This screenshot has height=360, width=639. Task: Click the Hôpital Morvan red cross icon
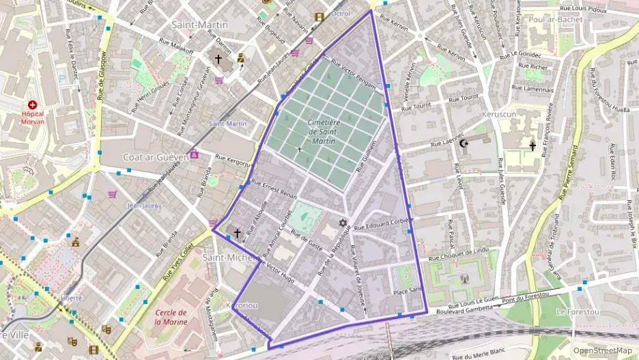click(31, 105)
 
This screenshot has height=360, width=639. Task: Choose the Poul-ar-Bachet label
click(555, 20)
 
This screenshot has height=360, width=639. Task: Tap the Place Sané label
click(408, 292)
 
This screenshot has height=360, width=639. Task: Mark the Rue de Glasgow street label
click(102, 76)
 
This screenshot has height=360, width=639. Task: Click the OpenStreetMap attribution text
click(602, 350)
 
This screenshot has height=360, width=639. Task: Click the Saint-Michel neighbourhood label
click(229, 257)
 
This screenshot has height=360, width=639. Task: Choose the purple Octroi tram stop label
click(340, 13)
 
